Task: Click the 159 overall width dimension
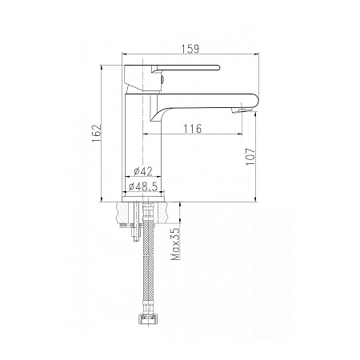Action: coord(190,49)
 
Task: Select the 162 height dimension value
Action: coord(97,133)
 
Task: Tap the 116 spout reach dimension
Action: coord(192,129)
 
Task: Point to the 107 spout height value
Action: coord(250,157)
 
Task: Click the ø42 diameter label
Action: coord(143,171)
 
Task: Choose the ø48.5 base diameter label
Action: coord(143,186)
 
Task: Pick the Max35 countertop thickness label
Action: coord(176,244)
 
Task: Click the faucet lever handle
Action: coord(185,68)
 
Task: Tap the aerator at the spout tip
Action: coord(242,110)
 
